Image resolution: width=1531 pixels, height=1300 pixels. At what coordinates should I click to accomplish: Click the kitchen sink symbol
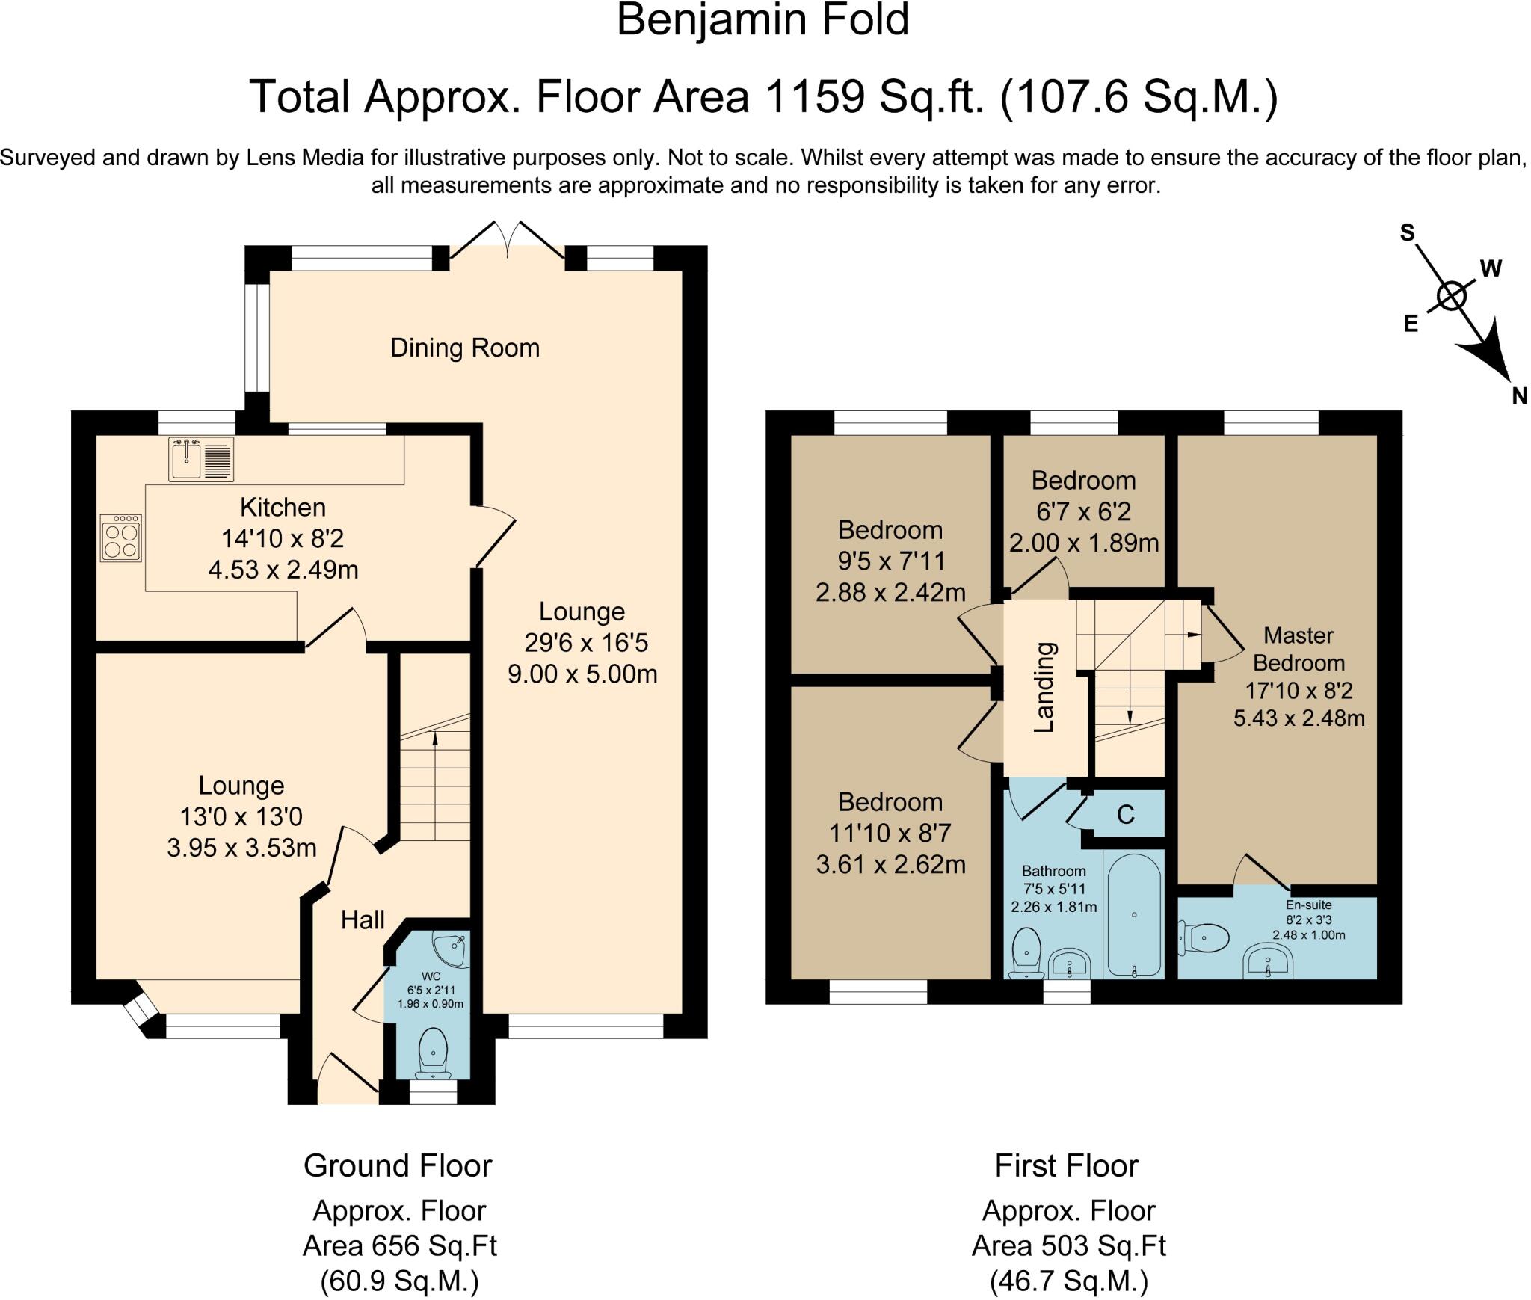click(201, 458)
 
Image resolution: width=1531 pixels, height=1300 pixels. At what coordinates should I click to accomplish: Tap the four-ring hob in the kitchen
click(120, 537)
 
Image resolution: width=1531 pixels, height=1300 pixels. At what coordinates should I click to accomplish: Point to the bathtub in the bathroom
click(1134, 916)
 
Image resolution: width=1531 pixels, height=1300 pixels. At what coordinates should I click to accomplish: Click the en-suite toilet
click(1204, 937)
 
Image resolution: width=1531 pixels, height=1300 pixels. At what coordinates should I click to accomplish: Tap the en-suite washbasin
click(1268, 961)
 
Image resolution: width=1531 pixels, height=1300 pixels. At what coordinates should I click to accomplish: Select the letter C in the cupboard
click(1126, 813)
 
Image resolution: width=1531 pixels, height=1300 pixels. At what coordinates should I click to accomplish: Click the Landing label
click(1044, 687)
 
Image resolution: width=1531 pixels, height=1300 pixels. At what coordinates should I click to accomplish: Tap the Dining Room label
click(465, 348)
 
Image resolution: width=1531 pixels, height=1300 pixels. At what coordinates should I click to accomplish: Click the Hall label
click(363, 919)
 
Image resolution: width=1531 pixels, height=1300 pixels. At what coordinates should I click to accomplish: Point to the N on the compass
click(1519, 397)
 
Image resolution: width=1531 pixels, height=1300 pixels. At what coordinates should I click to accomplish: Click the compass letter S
click(1408, 233)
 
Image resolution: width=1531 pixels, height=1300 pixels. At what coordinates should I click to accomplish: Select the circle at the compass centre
click(1452, 296)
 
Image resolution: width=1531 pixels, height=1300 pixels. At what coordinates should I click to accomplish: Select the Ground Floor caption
click(398, 1165)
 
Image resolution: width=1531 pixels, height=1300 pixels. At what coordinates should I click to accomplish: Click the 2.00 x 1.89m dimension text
click(1084, 543)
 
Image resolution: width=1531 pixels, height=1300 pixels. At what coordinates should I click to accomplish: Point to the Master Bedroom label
click(1299, 649)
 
